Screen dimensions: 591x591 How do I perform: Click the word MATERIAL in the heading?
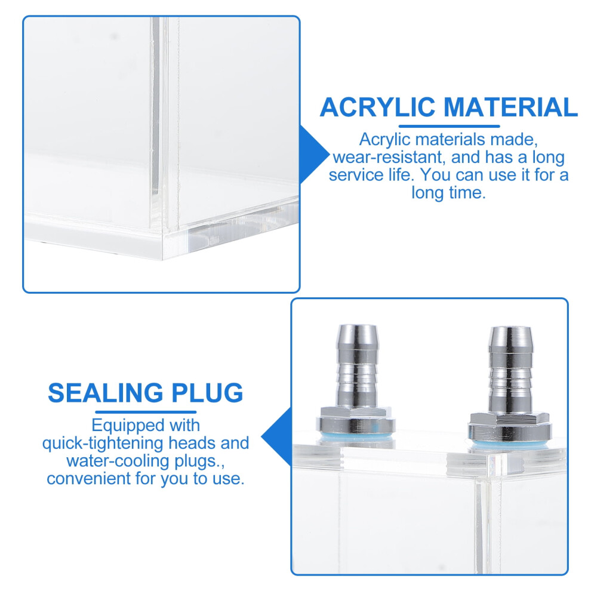click(x=510, y=107)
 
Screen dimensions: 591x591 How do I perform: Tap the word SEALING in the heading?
click(x=106, y=393)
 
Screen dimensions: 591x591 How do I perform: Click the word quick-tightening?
click(x=103, y=443)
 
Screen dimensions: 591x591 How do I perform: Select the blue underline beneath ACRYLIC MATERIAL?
click(x=449, y=127)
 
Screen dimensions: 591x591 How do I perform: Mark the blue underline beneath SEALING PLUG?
click(x=146, y=412)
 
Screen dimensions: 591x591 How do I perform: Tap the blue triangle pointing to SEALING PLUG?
click(x=276, y=437)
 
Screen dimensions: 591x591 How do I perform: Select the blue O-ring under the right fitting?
click(x=510, y=443)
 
